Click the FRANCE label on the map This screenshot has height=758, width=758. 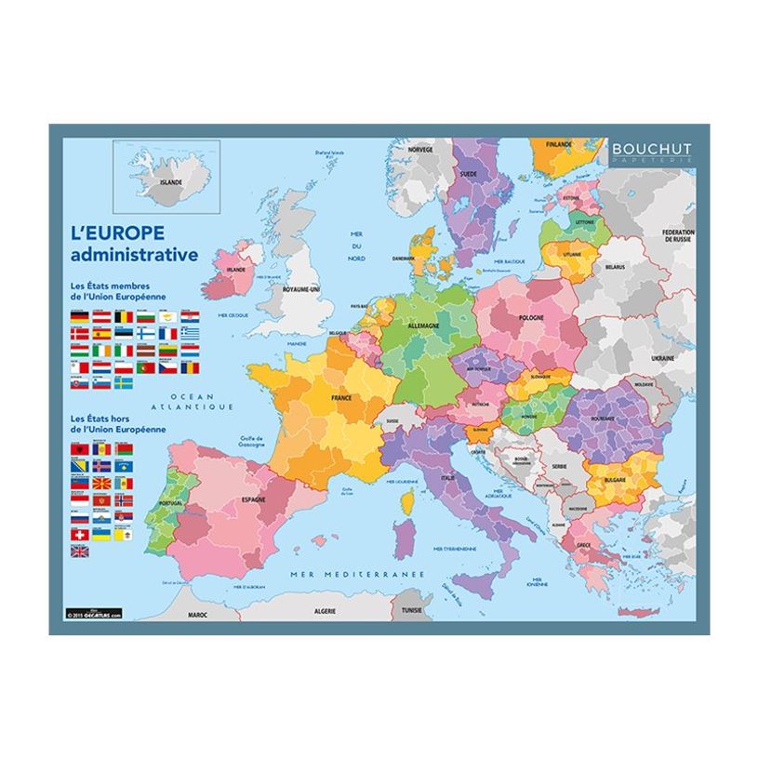click(341, 397)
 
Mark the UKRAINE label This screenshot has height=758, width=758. click(663, 357)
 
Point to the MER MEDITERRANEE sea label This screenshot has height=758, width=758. click(356, 574)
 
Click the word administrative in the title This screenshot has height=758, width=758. click(134, 254)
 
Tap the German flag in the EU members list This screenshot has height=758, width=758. click(78, 318)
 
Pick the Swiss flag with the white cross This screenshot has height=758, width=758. click(78, 535)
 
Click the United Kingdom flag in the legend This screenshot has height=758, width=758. click(79, 551)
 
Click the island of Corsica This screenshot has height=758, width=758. click(406, 503)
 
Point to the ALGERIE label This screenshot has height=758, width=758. click(325, 614)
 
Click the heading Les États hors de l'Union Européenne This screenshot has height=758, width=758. click(117, 424)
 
